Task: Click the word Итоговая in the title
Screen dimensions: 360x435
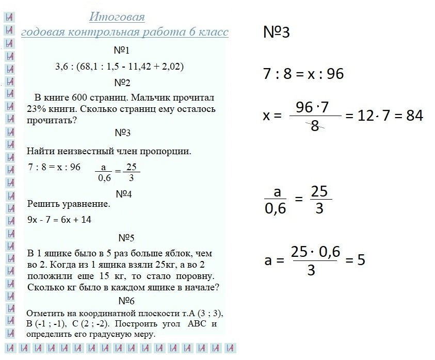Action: click(x=117, y=17)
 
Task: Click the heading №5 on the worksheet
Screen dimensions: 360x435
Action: click(x=126, y=238)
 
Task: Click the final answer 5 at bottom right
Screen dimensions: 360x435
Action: click(x=361, y=259)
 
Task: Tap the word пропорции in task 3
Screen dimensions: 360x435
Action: click(x=166, y=152)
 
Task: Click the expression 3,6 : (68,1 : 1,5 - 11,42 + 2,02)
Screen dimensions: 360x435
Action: click(x=120, y=67)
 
